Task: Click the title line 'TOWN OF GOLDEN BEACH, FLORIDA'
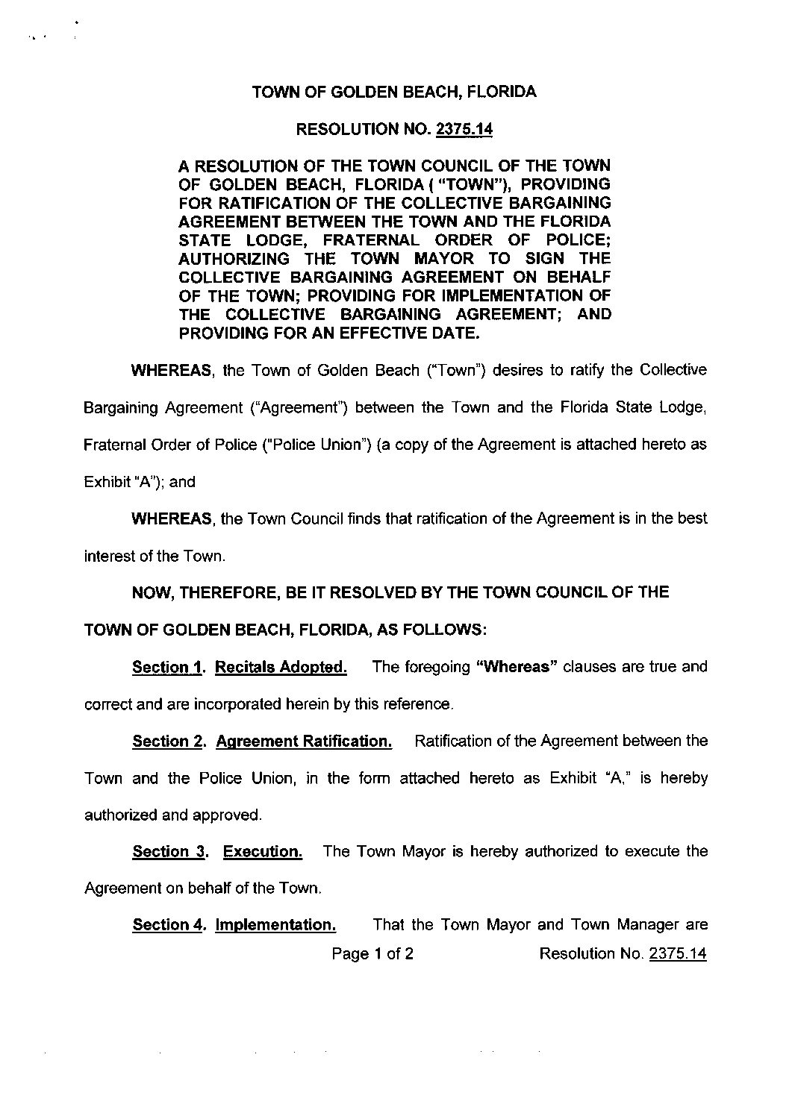(394, 93)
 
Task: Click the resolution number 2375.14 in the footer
(677, 953)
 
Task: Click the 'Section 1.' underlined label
(168, 667)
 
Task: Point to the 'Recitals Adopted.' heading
(281, 667)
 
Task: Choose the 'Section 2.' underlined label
(168, 741)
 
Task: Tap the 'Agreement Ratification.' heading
(303, 741)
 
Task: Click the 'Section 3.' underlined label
(169, 851)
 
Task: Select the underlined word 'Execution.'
(263, 851)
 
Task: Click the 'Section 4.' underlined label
(168, 925)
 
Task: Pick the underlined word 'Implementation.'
(275, 925)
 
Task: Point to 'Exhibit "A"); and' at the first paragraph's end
(140, 482)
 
